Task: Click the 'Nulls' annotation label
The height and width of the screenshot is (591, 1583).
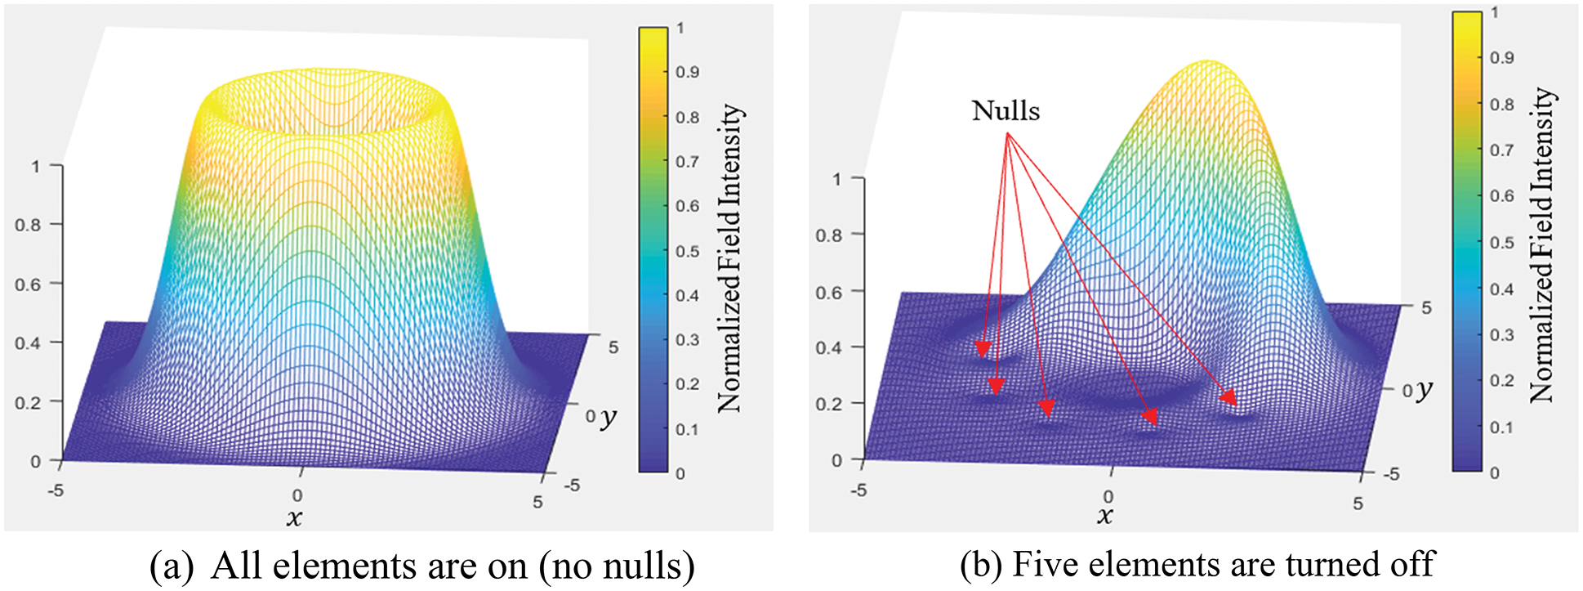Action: point(1006,110)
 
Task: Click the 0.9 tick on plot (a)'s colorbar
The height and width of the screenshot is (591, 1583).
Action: point(687,72)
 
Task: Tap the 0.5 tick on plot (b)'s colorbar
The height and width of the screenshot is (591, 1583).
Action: point(1501,243)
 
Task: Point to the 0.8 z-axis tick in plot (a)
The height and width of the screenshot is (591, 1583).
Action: point(28,225)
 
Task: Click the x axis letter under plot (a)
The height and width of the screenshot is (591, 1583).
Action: point(294,517)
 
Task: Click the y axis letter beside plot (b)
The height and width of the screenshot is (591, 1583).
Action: point(1424,389)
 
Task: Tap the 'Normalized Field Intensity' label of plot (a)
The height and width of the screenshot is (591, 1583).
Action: point(729,257)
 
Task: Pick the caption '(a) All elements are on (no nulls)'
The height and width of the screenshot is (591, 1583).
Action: point(422,566)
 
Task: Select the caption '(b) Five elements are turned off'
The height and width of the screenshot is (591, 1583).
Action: point(1197,564)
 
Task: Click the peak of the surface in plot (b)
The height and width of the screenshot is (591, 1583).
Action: point(1208,61)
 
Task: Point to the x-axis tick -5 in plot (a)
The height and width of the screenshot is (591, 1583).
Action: point(56,491)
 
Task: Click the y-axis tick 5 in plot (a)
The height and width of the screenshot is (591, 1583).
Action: point(613,347)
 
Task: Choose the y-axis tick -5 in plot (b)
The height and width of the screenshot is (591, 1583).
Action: point(1390,474)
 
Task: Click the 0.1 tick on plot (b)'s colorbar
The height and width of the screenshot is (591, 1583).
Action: point(1501,427)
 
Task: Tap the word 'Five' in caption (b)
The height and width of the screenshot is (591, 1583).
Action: point(1045,564)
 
